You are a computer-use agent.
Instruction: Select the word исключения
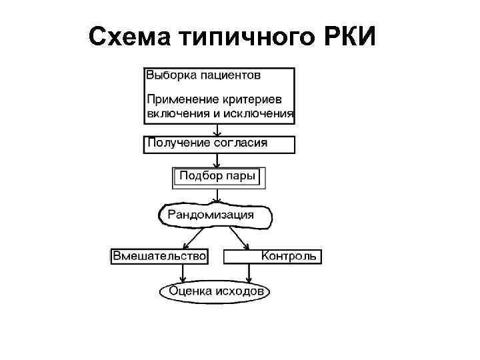point(259,113)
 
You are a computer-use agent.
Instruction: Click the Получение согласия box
point(219,143)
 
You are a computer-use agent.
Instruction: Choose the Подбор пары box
point(219,177)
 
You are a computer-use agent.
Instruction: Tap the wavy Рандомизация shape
point(215,215)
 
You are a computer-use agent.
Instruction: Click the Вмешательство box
point(159,256)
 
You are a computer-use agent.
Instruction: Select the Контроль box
point(273,256)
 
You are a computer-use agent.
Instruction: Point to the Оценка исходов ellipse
point(215,291)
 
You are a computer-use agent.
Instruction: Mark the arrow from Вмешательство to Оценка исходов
point(183,272)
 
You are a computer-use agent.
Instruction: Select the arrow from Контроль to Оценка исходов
point(249,272)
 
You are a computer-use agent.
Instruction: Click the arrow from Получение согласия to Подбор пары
point(217,160)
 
